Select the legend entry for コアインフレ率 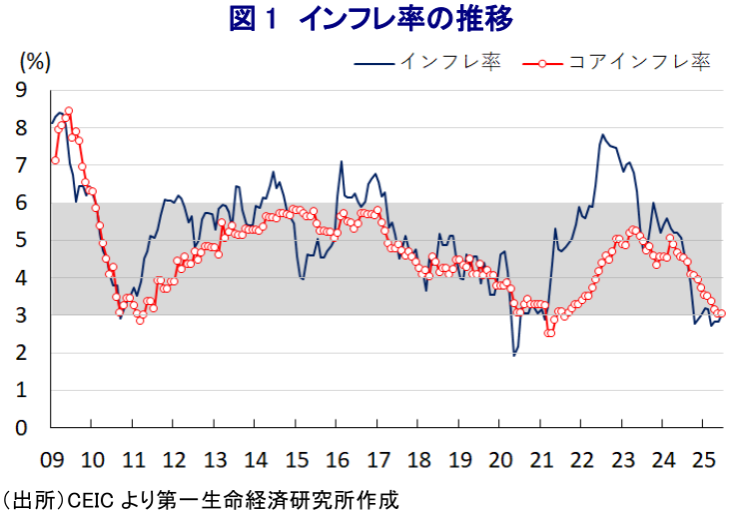tap(638, 63)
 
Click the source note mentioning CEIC tap(200, 498)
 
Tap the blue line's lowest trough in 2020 tap(514, 355)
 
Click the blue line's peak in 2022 tap(602, 135)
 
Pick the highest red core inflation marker tap(68, 111)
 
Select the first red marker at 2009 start tap(55, 160)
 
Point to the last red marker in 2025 tap(721, 313)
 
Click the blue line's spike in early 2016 tap(342, 161)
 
